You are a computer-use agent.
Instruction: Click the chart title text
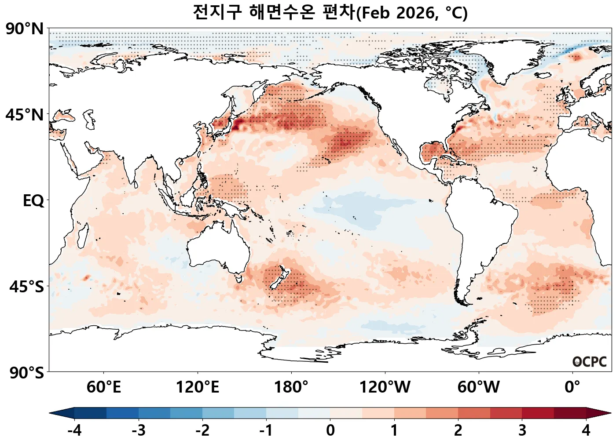pyautogui.click(x=330, y=12)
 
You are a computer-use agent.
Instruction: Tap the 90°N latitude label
pyautogui.click(x=25, y=29)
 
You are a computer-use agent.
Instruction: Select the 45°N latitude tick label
pyautogui.click(x=25, y=115)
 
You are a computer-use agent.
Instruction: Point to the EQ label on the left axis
pyautogui.click(x=33, y=201)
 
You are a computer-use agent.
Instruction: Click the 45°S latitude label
pyautogui.click(x=26, y=287)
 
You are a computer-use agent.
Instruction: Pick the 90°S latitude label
pyautogui.click(x=26, y=373)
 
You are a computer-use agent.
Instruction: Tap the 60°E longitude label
pyautogui.click(x=103, y=387)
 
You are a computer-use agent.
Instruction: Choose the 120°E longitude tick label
pyautogui.click(x=197, y=387)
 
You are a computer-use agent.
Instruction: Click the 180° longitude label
pyautogui.click(x=291, y=387)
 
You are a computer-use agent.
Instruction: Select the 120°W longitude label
pyautogui.click(x=385, y=387)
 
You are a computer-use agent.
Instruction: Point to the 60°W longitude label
pyautogui.click(x=478, y=387)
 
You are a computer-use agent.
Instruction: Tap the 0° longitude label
pyautogui.click(x=572, y=387)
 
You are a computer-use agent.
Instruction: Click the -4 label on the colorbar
pyautogui.click(x=74, y=430)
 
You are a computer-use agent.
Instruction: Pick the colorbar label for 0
pyautogui.click(x=330, y=430)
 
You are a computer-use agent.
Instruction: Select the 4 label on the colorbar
pyautogui.click(x=586, y=430)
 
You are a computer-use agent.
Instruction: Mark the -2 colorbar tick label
pyautogui.click(x=202, y=430)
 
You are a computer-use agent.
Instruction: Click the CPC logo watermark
pyautogui.click(x=590, y=362)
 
